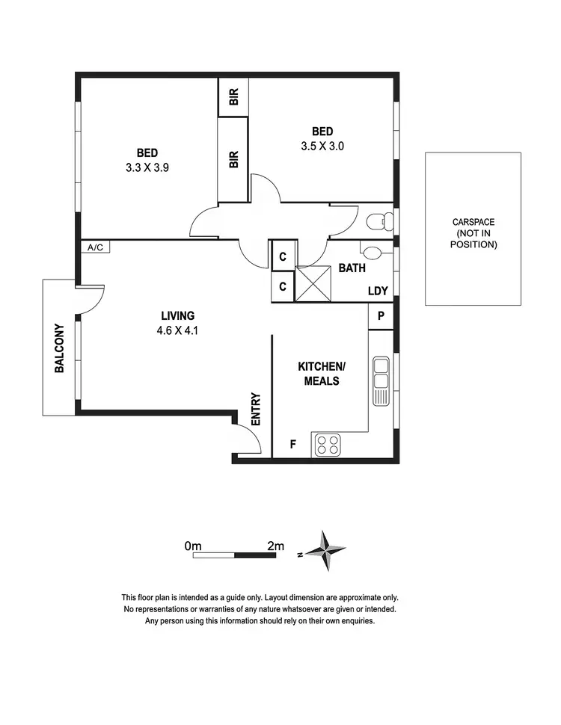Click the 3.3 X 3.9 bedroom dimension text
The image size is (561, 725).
point(147,168)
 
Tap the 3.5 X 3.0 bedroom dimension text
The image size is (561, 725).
point(322,146)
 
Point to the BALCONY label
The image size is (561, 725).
point(58,348)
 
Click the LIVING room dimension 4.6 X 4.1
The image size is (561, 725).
point(177,330)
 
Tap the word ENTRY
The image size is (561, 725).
point(256,410)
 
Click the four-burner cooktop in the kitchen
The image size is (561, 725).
point(326,445)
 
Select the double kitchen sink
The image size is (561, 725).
point(381,381)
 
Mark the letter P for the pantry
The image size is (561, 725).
point(381,316)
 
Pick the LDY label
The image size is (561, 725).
point(377,291)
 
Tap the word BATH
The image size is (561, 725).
point(351,268)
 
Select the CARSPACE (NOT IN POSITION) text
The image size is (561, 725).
point(473,233)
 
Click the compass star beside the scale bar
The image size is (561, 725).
point(326,552)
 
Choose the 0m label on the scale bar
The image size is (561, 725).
point(193,546)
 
